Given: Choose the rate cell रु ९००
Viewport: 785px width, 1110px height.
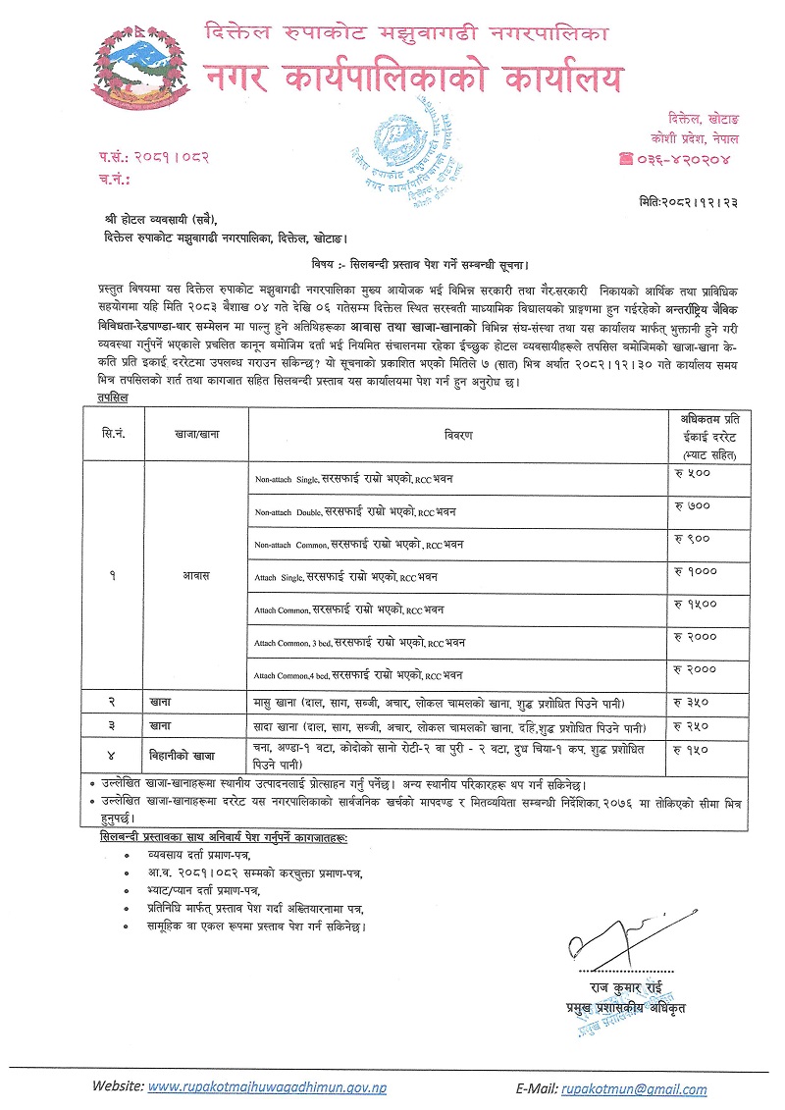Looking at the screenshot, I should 692,538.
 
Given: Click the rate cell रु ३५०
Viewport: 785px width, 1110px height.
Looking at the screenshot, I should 692,703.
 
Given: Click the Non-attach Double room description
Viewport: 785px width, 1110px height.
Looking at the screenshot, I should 355,511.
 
